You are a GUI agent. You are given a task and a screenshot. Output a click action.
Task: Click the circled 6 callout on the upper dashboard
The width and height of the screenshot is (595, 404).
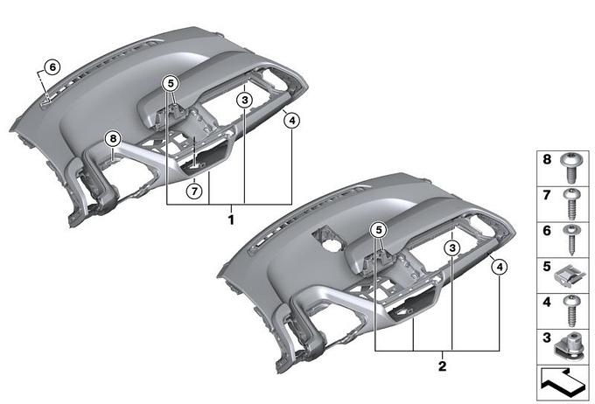(52, 67)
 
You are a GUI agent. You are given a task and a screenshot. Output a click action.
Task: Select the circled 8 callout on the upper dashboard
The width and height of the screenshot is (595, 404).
(113, 139)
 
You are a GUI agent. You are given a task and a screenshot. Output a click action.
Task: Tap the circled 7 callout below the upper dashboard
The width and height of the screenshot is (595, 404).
(194, 191)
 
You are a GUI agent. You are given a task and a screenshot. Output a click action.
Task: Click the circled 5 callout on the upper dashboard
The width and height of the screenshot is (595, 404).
(171, 83)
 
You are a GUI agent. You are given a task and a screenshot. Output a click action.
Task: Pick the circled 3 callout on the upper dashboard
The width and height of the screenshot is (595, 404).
(245, 101)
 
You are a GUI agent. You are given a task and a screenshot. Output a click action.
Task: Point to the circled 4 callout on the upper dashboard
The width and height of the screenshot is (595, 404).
(291, 121)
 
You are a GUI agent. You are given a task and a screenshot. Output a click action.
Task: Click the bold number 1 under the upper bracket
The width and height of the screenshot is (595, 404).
(231, 219)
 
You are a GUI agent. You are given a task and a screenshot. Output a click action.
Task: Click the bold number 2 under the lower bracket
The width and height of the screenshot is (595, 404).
(442, 366)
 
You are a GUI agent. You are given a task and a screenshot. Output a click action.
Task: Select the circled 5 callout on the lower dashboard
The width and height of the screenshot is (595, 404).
(379, 229)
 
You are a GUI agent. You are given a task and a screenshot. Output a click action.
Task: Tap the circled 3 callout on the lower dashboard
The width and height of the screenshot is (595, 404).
(452, 248)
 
